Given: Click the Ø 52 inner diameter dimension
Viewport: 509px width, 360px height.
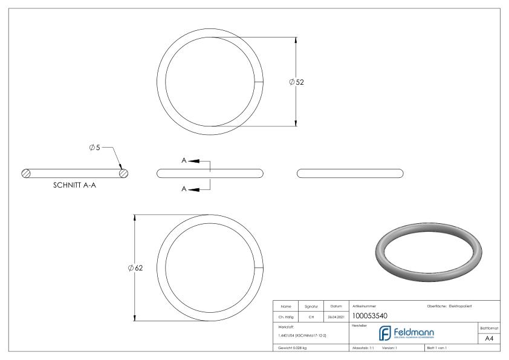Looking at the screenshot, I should point(296,82).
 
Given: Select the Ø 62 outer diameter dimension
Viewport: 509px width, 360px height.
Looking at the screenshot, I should point(135,268).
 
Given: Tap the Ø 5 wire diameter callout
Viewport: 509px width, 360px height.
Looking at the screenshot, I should point(94,148).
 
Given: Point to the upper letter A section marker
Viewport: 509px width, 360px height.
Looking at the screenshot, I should point(184,161).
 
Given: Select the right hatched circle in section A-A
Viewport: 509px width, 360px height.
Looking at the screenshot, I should point(123,173).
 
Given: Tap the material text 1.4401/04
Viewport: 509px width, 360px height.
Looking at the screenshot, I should point(284,335).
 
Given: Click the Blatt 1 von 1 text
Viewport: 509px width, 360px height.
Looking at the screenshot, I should point(437,348).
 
